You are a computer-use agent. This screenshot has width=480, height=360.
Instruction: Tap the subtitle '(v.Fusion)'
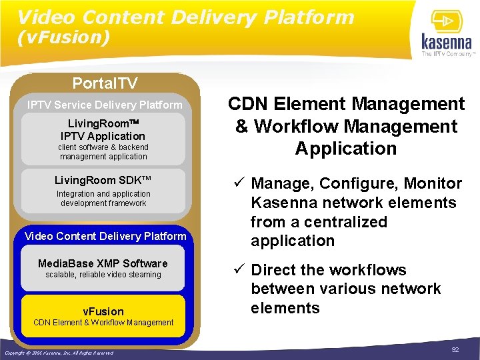64,38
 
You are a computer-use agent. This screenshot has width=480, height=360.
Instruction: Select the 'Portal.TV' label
105,83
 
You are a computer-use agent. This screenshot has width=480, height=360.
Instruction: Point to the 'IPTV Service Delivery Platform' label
105,105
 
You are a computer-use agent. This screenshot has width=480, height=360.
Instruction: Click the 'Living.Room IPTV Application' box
103,139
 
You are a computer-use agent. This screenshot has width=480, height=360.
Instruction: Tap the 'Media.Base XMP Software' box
103,268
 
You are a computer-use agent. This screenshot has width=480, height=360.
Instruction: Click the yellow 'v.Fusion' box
103,315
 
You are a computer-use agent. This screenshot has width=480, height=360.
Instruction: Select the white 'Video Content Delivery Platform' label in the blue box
105,236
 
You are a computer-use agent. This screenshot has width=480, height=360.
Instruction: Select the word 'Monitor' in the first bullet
433,183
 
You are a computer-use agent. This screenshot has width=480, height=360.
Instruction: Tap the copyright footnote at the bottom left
59,352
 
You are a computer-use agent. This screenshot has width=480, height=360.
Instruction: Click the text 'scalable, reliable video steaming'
103,275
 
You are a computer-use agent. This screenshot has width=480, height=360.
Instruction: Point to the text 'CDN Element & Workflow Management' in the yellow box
103,323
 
